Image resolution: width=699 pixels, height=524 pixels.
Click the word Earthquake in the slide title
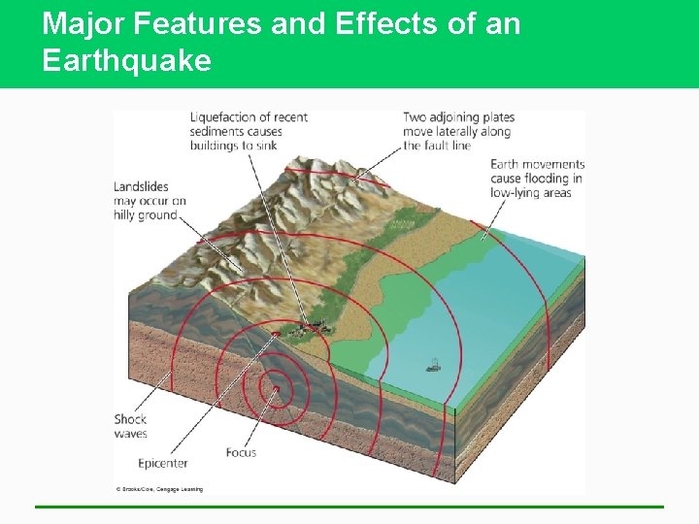126,61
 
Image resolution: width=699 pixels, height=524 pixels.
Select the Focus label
241,452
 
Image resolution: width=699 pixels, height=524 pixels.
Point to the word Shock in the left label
130,420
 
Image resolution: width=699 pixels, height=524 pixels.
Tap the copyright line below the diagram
159,489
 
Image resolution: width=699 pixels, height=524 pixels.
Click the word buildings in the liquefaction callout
219,146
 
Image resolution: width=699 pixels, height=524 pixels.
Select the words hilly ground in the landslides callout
146,215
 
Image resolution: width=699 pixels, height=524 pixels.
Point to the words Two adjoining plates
458,117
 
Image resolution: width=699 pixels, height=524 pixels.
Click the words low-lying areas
530,192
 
